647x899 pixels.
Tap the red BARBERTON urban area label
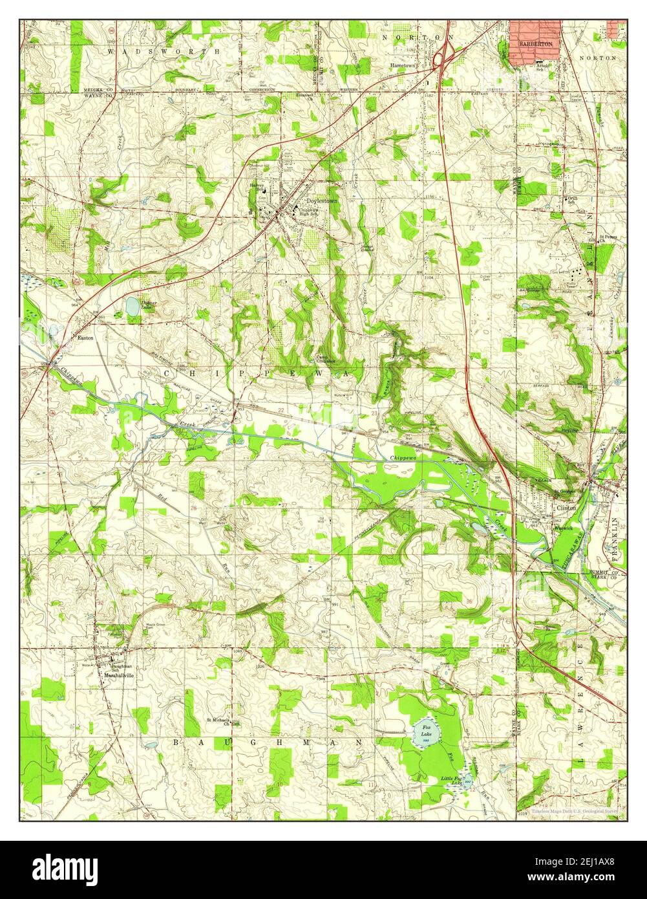[x=535, y=43]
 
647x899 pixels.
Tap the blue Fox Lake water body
[x=427, y=732]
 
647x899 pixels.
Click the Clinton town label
[x=566, y=508]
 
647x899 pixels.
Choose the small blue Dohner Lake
[x=132, y=307]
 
